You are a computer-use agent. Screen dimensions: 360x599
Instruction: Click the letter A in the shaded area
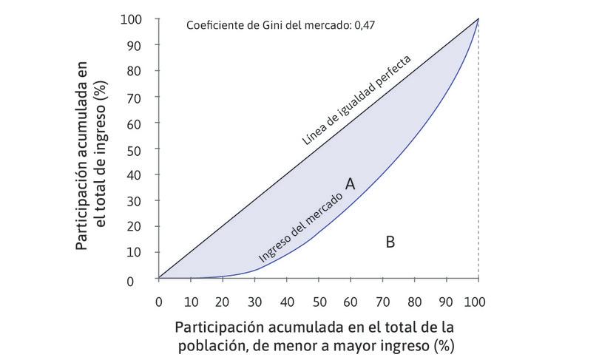tap(351, 184)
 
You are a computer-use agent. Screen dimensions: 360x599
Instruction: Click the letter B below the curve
tap(390, 241)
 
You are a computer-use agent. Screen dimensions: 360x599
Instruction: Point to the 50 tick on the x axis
tap(319, 302)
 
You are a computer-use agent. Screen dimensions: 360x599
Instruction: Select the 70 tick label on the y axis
tap(135, 97)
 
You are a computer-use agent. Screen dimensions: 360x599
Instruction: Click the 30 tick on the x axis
tap(254, 302)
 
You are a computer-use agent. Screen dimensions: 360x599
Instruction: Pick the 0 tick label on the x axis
tap(158, 302)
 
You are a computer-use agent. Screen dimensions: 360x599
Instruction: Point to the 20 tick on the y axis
tap(135, 226)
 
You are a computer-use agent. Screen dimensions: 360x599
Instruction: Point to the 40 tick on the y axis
tap(135, 174)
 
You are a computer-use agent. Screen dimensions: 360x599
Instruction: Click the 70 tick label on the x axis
tap(382, 302)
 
